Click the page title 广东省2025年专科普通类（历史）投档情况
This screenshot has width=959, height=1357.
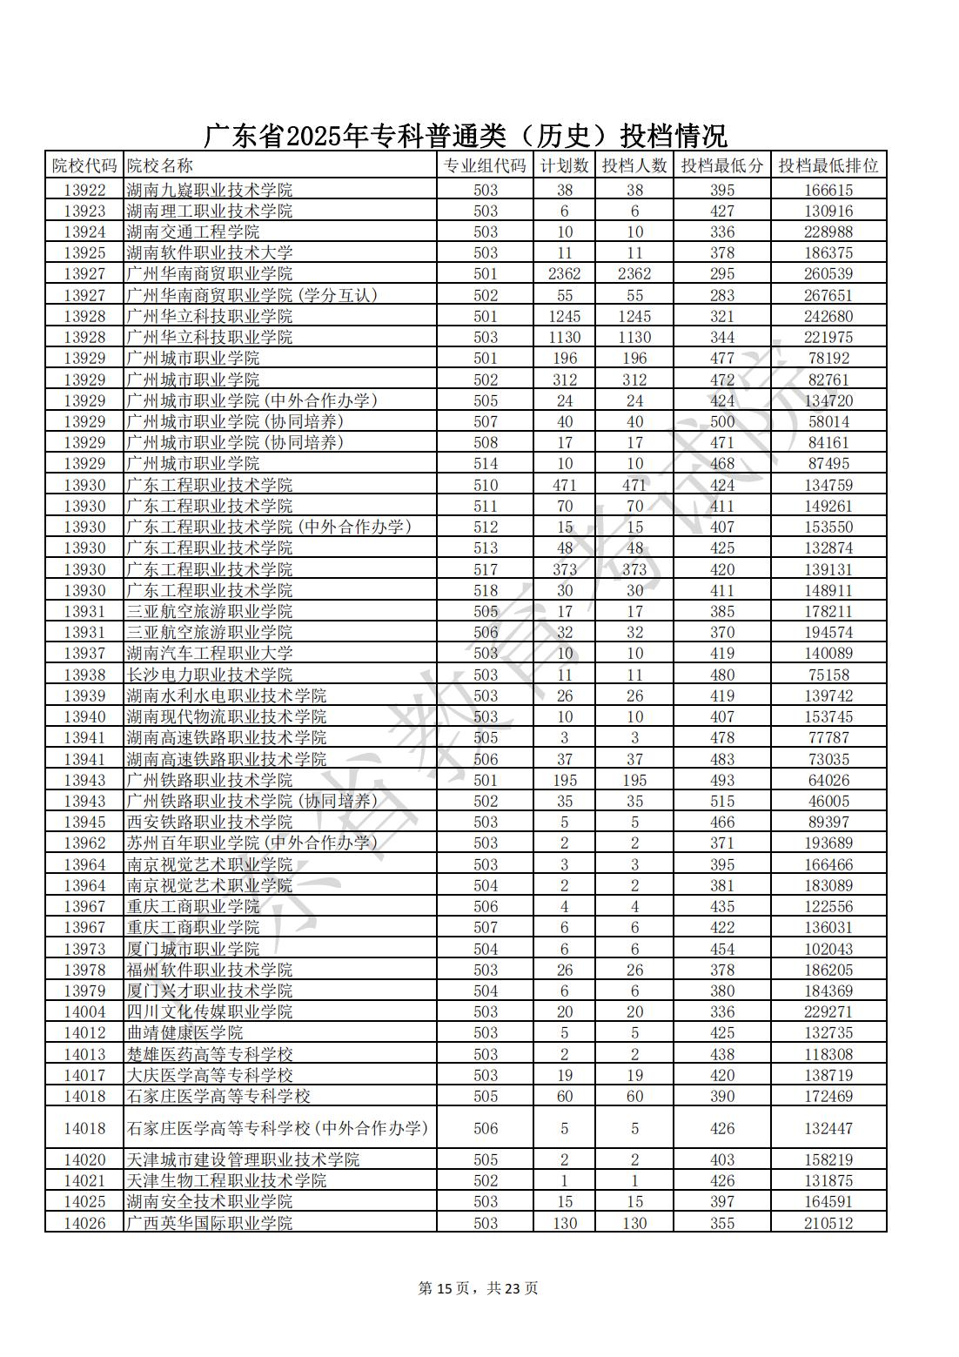coord(466,136)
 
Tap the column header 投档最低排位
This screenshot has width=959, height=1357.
coord(828,165)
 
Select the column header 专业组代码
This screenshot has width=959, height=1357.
coord(485,165)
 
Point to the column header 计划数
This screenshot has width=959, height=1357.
coord(564,165)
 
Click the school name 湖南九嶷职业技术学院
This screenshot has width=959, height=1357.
coord(210,190)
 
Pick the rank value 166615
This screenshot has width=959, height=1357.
coord(828,190)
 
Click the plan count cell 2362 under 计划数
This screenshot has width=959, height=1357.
coord(564,274)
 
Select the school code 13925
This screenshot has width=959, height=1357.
coord(84,253)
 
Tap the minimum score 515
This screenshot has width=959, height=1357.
coord(721,801)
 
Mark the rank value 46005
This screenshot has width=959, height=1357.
coord(828,801)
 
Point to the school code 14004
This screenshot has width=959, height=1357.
coord(84,1011)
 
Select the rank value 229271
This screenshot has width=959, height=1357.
coord(828,1011)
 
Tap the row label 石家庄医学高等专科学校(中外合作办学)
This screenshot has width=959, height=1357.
coord(278,1128)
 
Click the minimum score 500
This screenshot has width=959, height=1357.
coord(721,421)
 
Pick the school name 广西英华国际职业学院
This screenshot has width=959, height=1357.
coord(210,1223)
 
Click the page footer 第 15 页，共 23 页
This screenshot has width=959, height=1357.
coord(479,1288)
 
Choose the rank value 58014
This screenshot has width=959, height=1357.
coord(828,421)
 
